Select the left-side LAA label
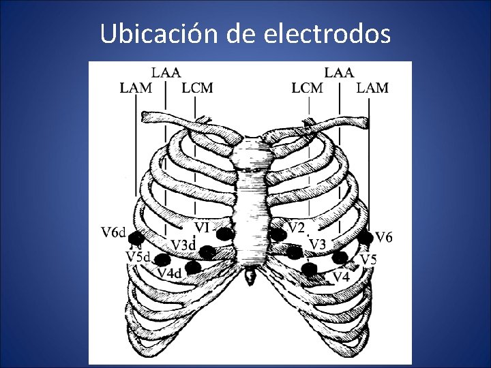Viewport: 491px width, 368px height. pyautogui.click(x=166, y=72)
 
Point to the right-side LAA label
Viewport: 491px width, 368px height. pyautogui.click(x=339, y=72)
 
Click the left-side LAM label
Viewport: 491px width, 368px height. pyautogui.click(x=136, y=88)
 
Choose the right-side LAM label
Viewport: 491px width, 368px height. pyautogui.click(x=373, y=88)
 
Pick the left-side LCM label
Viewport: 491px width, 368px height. pyautogui.click(x=198, y=88)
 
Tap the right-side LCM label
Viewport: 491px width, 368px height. pyautogui.click(x=308, y=88)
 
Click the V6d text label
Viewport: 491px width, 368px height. pyautogui.click(x=113, y=233)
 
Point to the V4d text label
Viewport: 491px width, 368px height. pyautogui.click(x=168, y=273)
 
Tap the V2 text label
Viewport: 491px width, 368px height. pyautogui.click(x=295, y=227)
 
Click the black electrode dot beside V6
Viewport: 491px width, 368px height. pyautogui.click(x=366, y=237)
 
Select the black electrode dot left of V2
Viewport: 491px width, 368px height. pyautogui.click(x=278, y=234)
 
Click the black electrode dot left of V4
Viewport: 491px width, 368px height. pyautogui.click(x=310, y=270)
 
